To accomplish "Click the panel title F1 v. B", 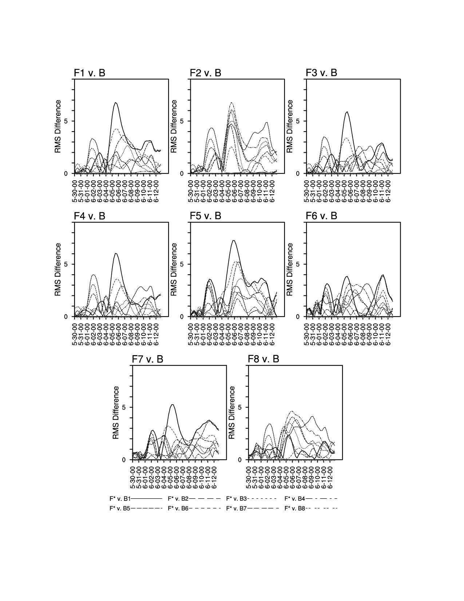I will click(x=90, y=73).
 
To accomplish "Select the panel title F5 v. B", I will click(x=206, y=216).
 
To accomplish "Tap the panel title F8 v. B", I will click(x=263, y=359).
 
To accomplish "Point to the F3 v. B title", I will click(x=322, y=73).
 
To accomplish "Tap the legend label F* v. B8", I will click(x=295, y=508).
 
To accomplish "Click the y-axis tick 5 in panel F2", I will click(x=183, y=121).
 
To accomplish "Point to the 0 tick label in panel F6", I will click(x=299, y=317).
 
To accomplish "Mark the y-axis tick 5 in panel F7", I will click(x=124, y=408).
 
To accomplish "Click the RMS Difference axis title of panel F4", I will click(x=58, y=270).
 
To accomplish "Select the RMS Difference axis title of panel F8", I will click(x=232, y=413).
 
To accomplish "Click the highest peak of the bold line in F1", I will click(x=116, y=103).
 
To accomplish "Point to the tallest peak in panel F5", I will click(x=234, y=240).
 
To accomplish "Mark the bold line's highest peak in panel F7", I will click(x=172, y=404).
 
